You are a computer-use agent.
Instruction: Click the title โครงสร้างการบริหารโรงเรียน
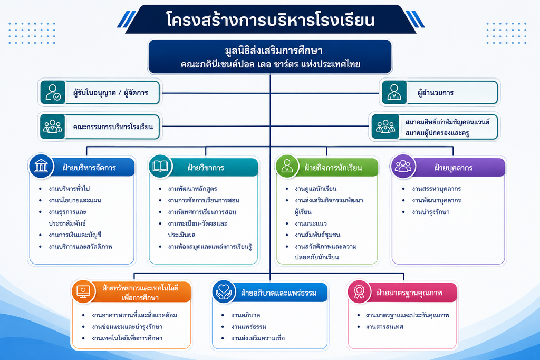point(270,20)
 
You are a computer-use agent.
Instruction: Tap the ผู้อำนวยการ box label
point(435,93)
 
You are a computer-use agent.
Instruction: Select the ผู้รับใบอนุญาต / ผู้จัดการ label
point(111,93)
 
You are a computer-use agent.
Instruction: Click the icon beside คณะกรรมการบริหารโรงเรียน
point(52,127)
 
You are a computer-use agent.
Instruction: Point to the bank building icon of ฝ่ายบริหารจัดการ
point(41,166)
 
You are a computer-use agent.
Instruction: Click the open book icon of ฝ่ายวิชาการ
point(160,166)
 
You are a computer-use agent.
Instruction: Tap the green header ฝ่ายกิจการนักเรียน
point(333,168)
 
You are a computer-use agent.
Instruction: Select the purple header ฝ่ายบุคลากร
point(453,168)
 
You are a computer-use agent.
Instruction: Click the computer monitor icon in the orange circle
point(83,291)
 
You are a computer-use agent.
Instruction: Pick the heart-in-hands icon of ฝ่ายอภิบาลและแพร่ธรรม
point(224,292)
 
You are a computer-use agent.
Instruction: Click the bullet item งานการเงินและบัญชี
point(75,235)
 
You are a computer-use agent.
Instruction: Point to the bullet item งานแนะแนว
point(311,223)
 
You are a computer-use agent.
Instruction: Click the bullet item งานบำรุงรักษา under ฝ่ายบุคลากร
point(430,212)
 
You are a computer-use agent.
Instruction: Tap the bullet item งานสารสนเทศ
point(384,327)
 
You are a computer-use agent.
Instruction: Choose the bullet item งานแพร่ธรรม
point(249,327)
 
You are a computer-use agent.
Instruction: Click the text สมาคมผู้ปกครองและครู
point(437,133)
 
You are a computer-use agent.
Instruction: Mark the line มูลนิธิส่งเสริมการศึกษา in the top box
point(274,51)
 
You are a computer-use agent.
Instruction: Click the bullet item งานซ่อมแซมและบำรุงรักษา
point(127,327)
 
